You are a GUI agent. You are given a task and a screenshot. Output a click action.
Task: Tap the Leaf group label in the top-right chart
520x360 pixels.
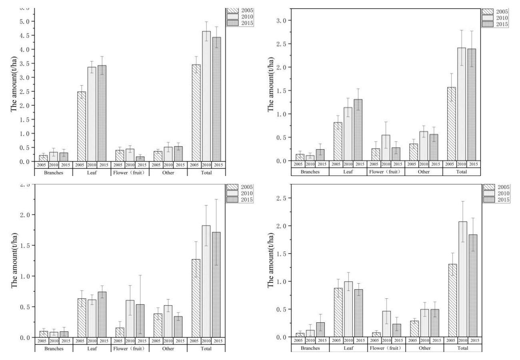click(x=348, y=172)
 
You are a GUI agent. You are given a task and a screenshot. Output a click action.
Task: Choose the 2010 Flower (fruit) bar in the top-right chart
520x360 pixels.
click(x=386, y=148)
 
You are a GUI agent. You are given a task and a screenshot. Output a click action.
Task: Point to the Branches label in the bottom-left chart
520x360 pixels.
click(x=54, y=348)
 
